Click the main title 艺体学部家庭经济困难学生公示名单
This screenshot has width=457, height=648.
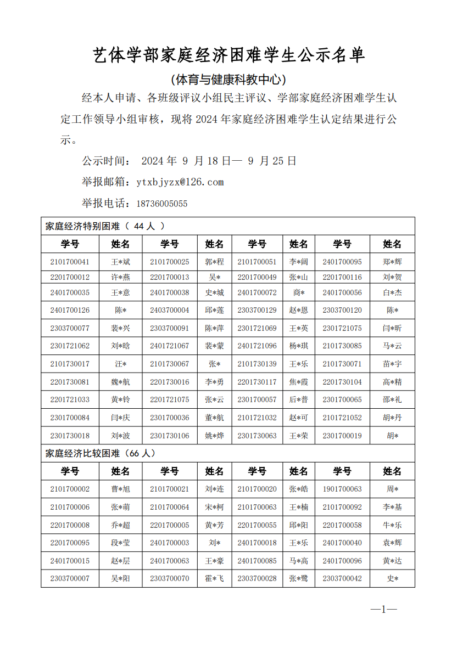(228, 55)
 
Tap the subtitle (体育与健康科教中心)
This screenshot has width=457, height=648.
(228, 80)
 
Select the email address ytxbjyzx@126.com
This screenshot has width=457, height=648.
(180, 182)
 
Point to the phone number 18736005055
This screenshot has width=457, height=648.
(161, 204)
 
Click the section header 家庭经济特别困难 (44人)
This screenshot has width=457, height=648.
(105, 226)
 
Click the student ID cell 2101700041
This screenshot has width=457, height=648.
(70, 262)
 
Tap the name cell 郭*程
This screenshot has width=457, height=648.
(214, 262)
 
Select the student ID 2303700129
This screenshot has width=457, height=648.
(257, 310)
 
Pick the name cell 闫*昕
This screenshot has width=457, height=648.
(392, 328)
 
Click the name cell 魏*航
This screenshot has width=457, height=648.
(121, 382)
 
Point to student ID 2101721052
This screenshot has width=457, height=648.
(342, 418)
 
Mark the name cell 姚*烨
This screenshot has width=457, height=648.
(214, 436)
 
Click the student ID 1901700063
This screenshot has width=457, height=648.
(342, 489)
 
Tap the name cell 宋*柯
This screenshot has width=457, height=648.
(214, 507)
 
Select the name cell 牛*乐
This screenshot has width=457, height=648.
(392, 525)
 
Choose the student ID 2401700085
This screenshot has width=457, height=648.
(257, 561)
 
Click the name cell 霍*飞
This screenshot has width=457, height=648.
(214, 578)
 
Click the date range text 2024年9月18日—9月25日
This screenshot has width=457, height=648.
(219, 161)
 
